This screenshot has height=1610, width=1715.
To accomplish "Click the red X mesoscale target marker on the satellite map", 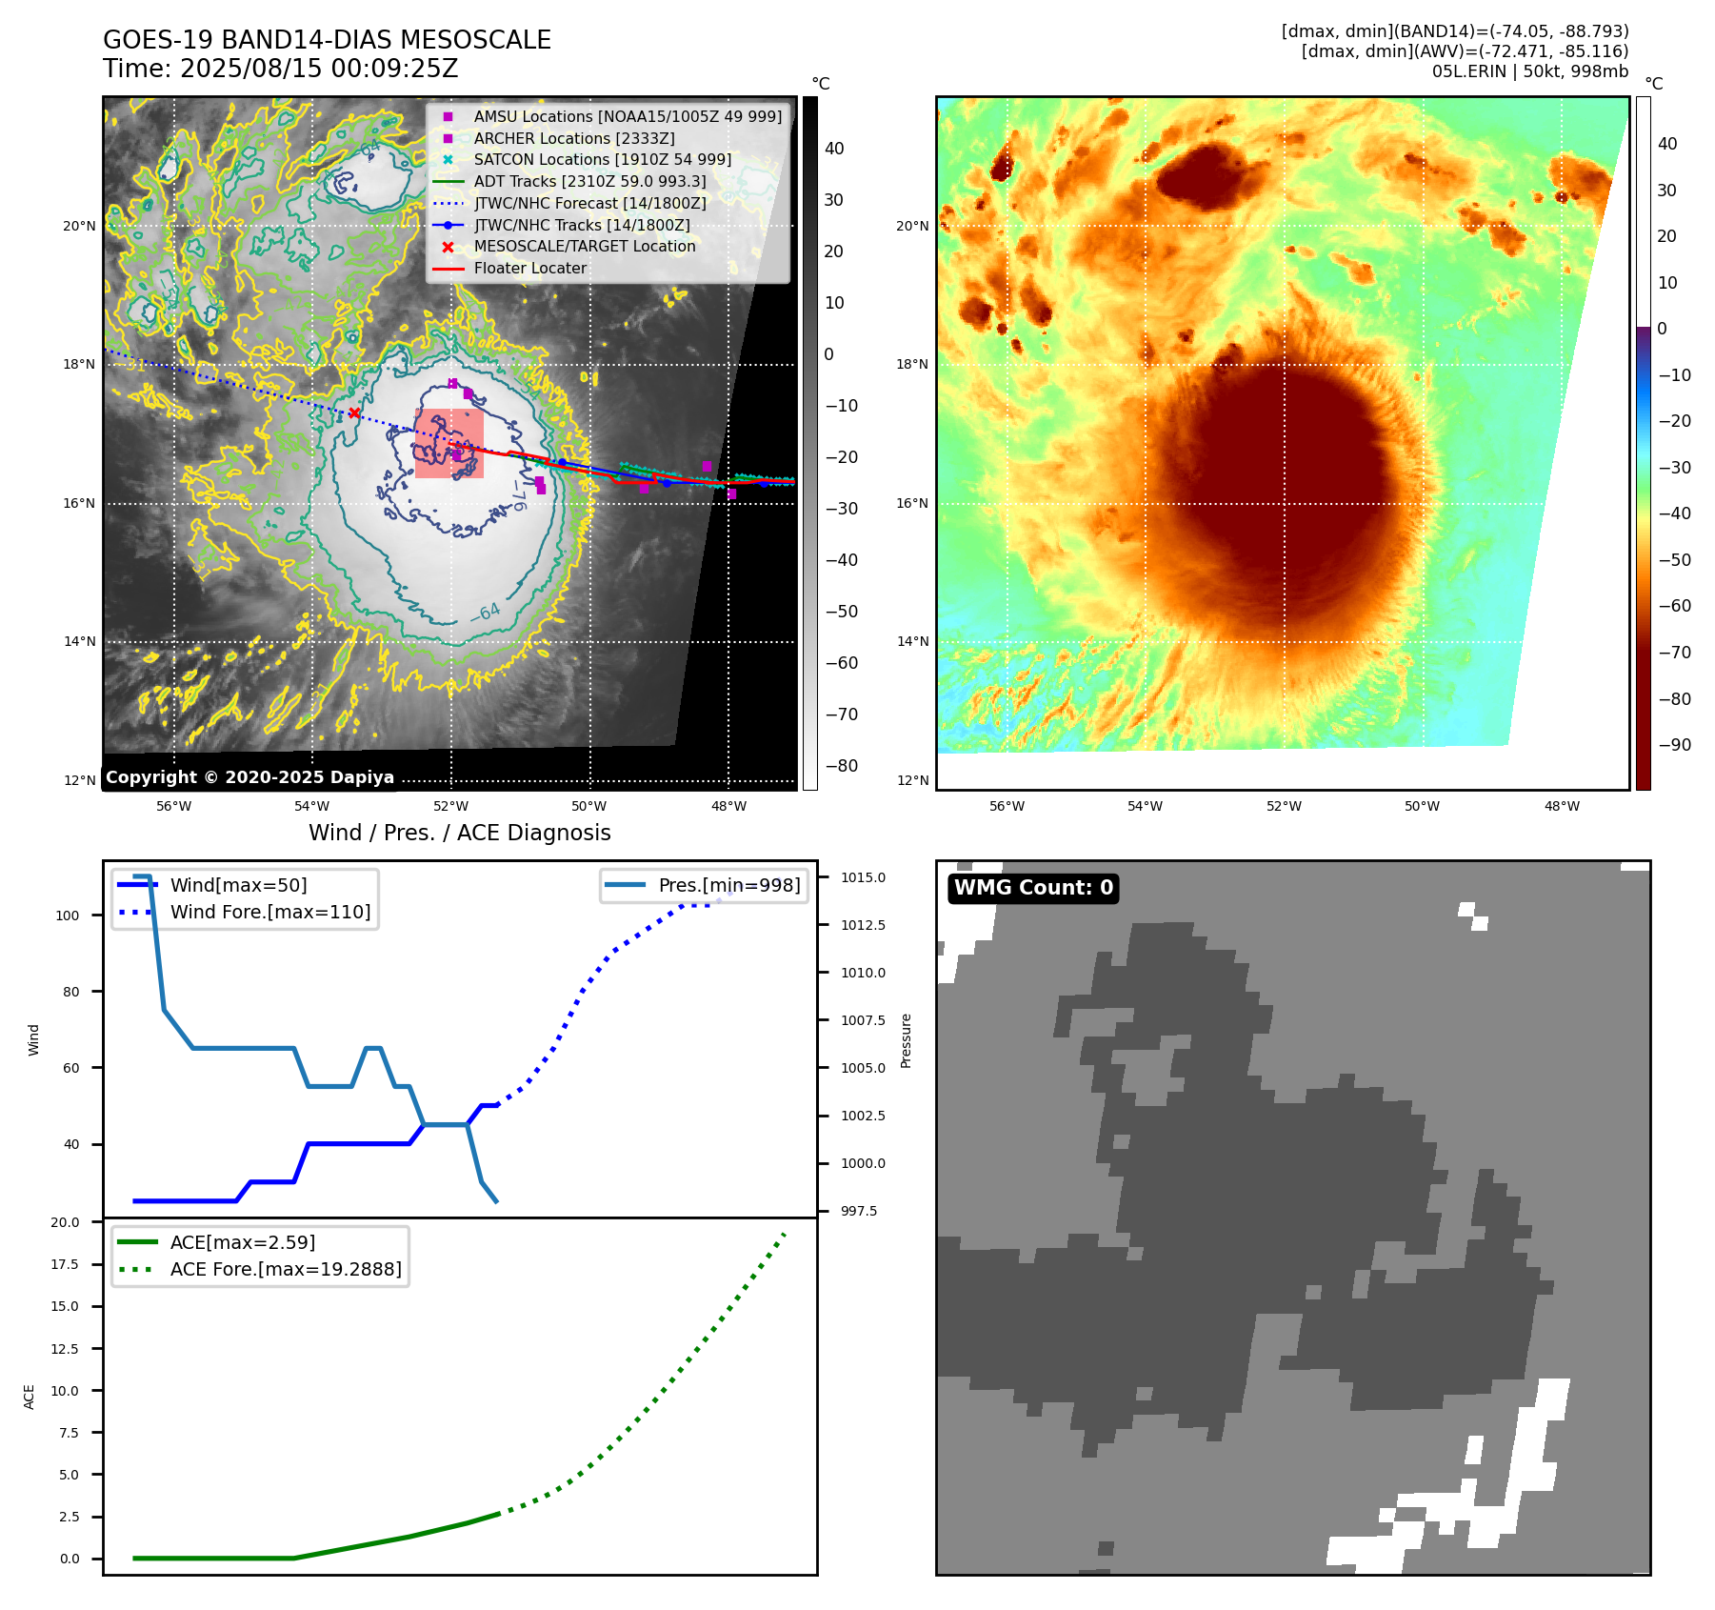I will coord(354,413).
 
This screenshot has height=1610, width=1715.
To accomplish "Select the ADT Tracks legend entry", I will coord(589,181).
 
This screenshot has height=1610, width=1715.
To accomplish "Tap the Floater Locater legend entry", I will coord(529,269).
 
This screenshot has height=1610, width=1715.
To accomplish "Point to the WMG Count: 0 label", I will coord(1033,888).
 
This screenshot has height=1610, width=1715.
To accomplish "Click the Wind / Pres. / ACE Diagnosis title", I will coord(459,833).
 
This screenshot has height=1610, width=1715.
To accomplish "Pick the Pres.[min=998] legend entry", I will coord(728,885).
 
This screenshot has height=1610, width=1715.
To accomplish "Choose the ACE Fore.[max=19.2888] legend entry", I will coord(286,1269).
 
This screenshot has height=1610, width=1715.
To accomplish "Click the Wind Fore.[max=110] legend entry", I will coord(270,912).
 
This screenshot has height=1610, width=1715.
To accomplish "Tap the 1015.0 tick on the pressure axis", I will coord(863,877).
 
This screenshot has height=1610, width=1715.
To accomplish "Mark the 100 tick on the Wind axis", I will coord(68,916).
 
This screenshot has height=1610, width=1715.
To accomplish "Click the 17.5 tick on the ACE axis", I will coord(65,1264).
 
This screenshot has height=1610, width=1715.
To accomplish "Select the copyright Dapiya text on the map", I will coord(249,777).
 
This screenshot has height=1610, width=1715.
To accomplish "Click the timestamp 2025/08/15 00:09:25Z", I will coord(319,70).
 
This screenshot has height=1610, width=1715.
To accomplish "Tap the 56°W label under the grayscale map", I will coord(173,806).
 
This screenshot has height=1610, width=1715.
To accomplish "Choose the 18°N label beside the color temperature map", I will coord(911,365).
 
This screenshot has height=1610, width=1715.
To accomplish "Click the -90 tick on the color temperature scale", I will coord(1674,745).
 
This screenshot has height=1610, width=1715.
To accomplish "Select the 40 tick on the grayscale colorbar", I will coord(834,149).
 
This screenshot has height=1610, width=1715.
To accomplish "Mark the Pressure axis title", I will coord(906,1040).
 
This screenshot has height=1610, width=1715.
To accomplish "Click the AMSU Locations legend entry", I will coord(628,116).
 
